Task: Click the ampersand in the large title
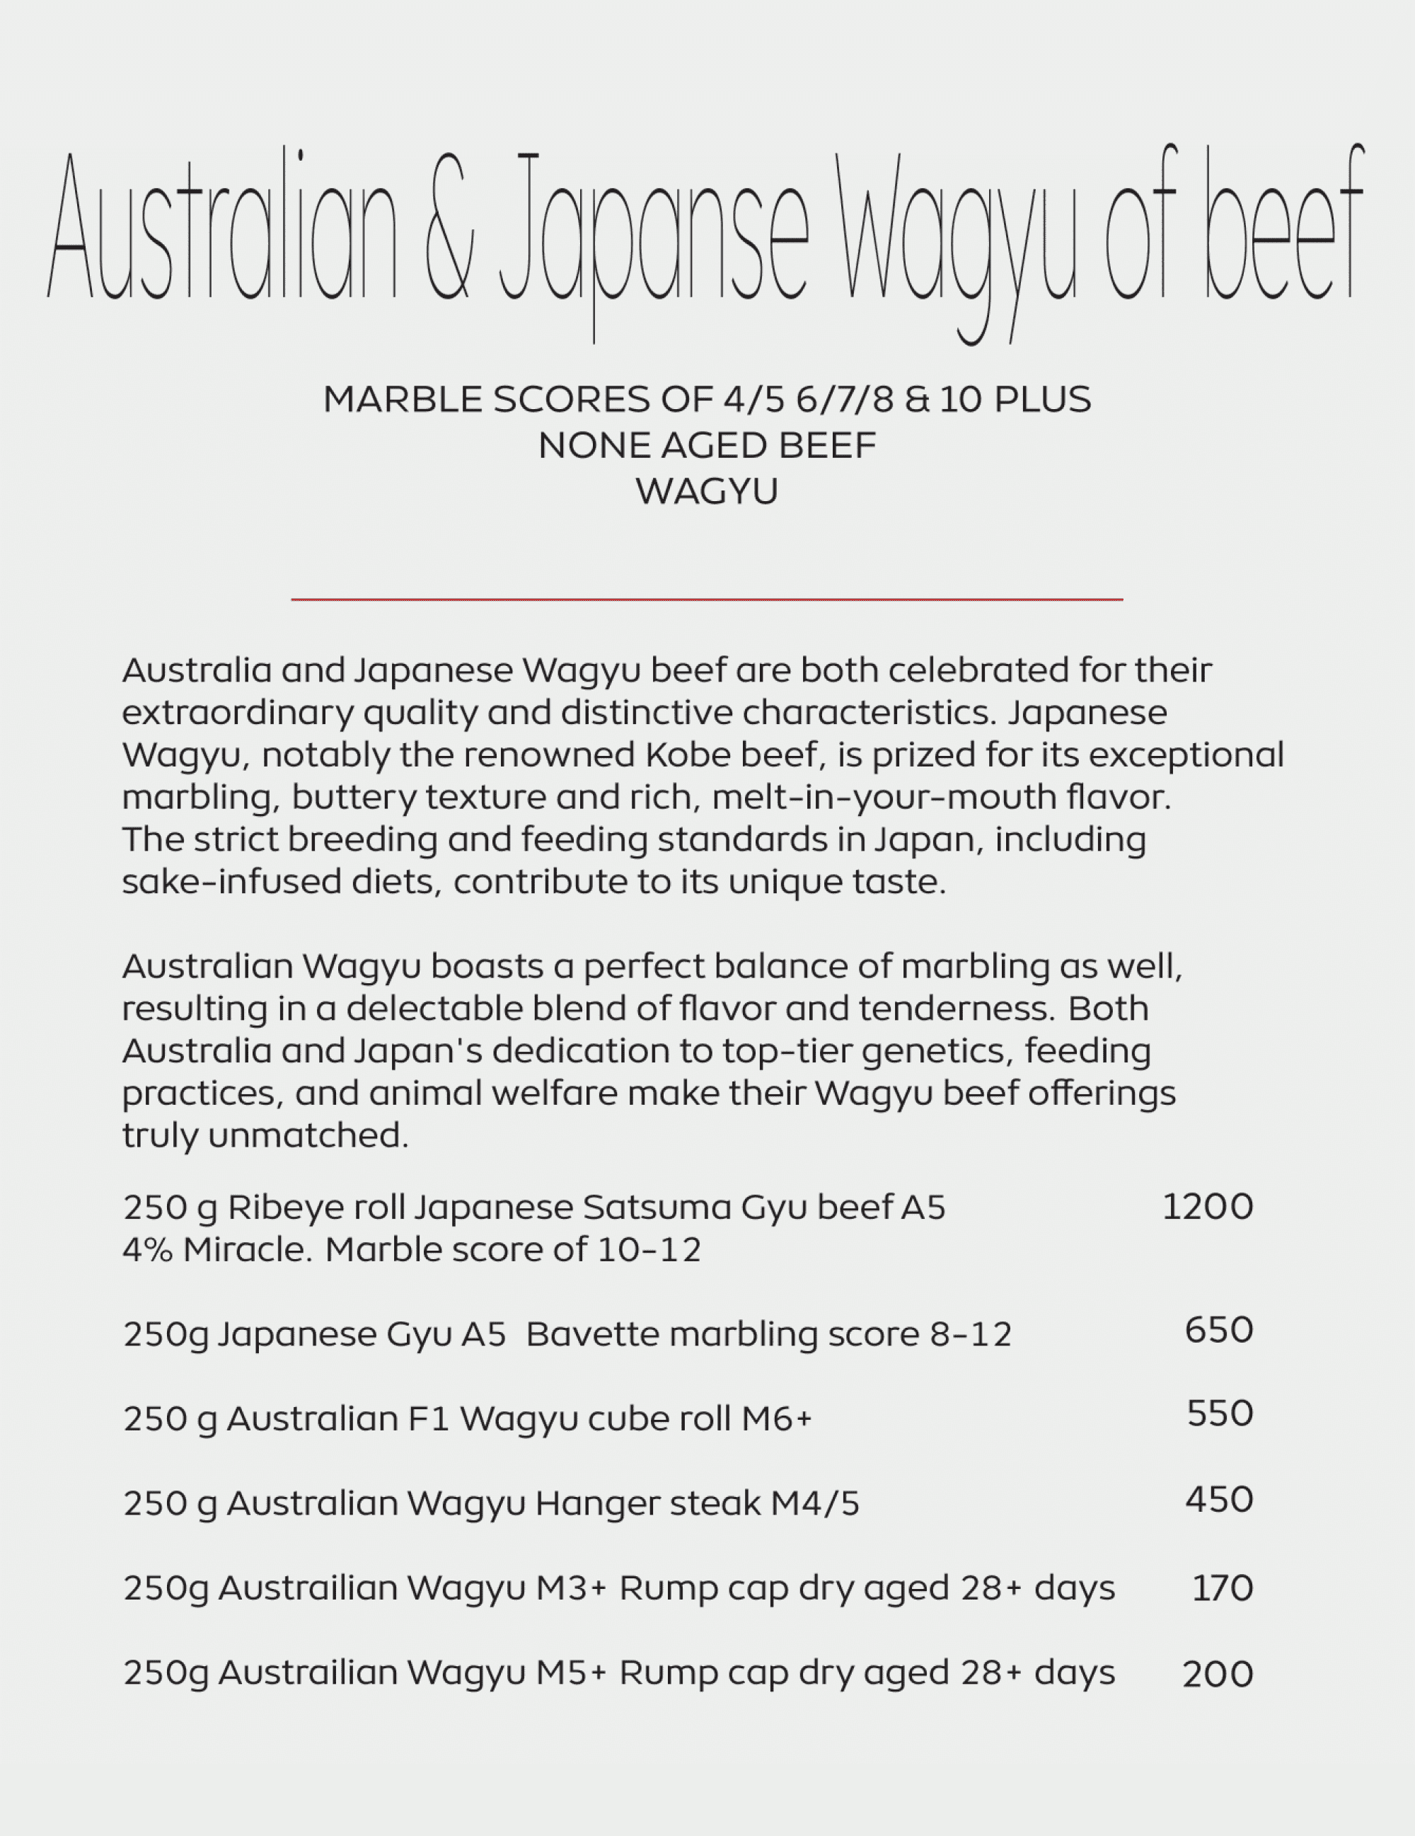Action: (x=449, y=227)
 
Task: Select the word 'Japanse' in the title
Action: (x=654, y=231)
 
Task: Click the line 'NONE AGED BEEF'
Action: (x=707, y=445)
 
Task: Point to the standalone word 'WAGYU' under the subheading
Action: (x=707, y=492)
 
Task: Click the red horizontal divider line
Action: (x=707, y=599)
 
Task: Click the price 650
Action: (x=1218, y=1330)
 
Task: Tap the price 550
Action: (x=1219, y=1414)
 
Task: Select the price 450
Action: (x=1219, y=1500)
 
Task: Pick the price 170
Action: (x=1222, y=1589)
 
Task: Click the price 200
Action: (x=1218, y=1675)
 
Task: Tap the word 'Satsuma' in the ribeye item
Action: (x=657, y=1208)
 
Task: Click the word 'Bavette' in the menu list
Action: (x=587, y=1335)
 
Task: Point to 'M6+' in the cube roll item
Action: (x=776, y=1419)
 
